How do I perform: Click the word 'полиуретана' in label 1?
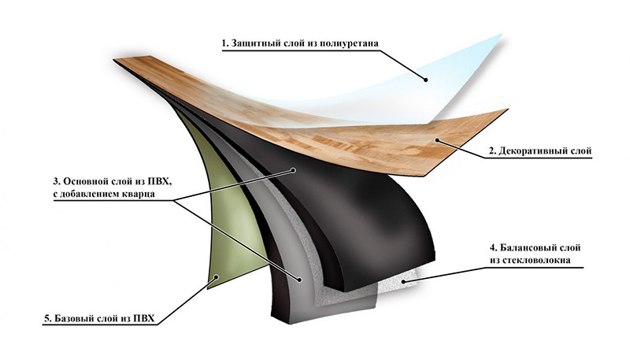click(340, 41)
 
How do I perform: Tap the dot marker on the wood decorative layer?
click(438, 140)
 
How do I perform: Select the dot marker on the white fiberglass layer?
click(401, 280)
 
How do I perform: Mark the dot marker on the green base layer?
click(218, 276)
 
